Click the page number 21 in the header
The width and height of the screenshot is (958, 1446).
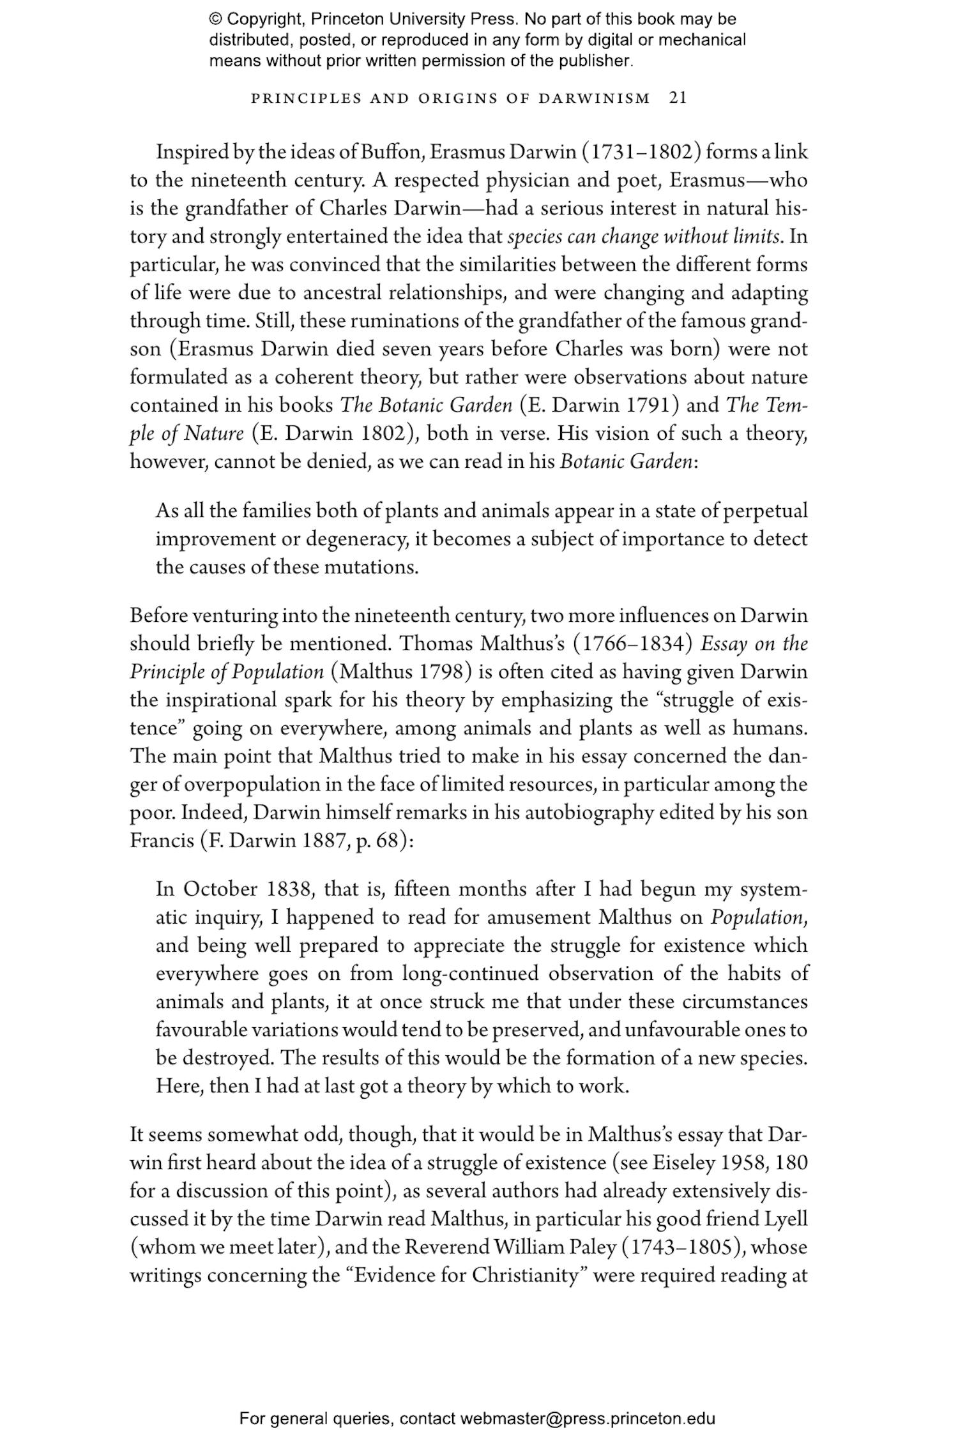[678, 98]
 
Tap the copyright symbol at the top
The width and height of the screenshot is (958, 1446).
[215, 19]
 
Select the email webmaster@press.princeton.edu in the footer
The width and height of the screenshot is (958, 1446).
[587, 1419]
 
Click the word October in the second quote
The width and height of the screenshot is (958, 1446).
[220, 889]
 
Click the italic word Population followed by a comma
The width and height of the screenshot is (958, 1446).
[757, 917]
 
